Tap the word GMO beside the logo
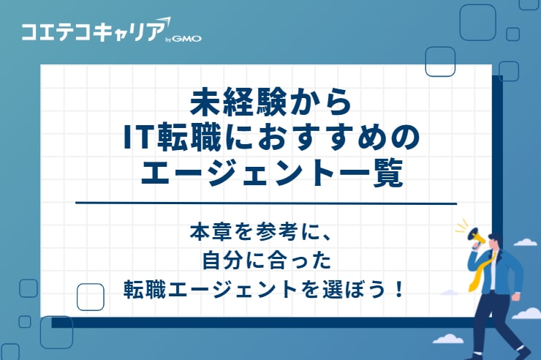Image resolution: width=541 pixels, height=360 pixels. pos(188,39)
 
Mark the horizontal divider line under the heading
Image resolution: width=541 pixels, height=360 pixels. pos(266,203)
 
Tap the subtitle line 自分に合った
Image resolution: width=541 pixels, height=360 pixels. pos(266,260)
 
